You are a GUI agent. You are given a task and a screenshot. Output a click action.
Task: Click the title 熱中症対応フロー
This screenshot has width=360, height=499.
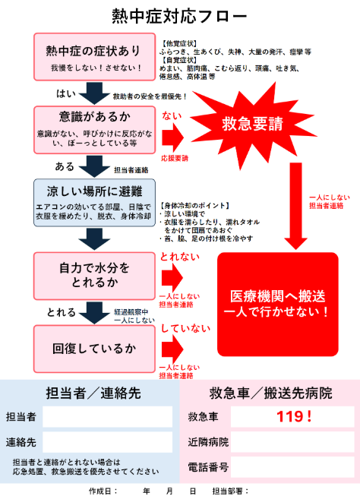click(179, 16)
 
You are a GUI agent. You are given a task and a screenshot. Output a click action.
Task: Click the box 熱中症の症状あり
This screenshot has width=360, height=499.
click(94, 57)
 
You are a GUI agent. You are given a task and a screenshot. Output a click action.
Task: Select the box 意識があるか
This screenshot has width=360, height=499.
click(94, 130)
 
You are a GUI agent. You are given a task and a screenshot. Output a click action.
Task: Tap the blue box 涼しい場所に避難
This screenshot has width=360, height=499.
click(94, 203)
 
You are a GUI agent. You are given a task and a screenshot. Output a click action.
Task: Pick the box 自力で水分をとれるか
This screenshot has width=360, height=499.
click(94, 276)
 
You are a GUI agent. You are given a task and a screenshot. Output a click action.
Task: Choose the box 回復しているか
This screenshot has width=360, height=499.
click(94, 349)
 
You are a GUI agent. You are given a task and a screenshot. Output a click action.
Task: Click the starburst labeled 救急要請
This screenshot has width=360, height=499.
click(252, 124)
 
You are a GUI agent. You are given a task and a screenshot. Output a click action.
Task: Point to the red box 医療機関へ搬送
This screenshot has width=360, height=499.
click(277, 305)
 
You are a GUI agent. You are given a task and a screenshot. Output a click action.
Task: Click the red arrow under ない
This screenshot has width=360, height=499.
click(173, 137)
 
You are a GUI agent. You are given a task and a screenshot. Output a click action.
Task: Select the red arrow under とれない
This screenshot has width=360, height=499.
click(172, 277)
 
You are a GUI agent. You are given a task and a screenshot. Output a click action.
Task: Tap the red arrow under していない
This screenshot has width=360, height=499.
click(172, 349)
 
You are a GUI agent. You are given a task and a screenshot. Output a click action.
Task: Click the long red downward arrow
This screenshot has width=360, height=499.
click(295, 207)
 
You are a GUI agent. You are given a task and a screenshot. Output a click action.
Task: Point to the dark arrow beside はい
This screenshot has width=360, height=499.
click(94, 93)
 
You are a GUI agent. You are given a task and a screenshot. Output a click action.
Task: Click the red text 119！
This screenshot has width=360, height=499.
click(294, 416)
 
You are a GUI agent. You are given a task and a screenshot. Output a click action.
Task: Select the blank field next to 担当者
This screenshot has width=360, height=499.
click(108, 416)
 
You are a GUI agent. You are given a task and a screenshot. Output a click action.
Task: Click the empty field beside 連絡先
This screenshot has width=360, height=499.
click(108, 442)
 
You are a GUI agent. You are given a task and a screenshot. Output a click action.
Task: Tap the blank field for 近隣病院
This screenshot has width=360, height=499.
click(292, 442)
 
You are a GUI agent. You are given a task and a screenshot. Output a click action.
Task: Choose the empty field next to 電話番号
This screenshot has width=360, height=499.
click(292, 467)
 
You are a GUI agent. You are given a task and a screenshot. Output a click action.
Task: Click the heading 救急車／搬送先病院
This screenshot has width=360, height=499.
click(270, 393)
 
